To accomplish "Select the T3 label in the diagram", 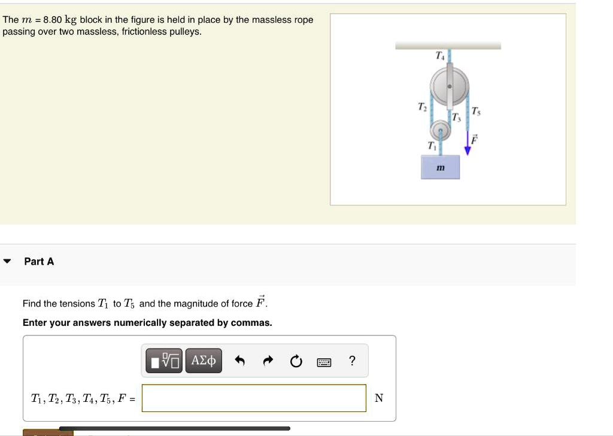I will tap(457, 116).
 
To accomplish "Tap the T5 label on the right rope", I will tap(475, 111).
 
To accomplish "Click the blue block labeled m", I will tap(440, 167).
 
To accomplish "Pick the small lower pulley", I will tap(440, 129).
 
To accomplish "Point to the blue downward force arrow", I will tap(468, 144).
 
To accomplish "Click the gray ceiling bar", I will tap(448, 45).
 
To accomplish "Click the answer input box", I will tap(254, 398).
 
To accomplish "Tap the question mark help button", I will tap(352, 361).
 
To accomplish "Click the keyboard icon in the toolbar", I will tap(324, 361).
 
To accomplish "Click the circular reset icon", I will tap(296, 361).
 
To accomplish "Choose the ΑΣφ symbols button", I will tap(204, 361).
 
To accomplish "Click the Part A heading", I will tap(39, 261).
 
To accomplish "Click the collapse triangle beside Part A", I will tap(7, 262).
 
